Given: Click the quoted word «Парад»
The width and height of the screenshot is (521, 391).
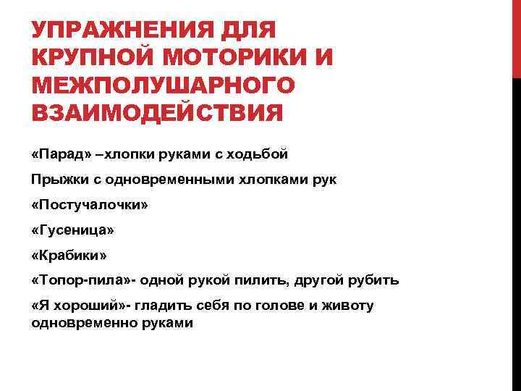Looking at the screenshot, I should pyautogui.click(x=62, y=154).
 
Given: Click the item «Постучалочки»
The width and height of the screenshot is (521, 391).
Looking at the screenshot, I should pyautogui.click(x=90, y=205).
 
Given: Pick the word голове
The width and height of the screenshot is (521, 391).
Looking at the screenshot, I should pyautogui.click(x=278, y=306).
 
